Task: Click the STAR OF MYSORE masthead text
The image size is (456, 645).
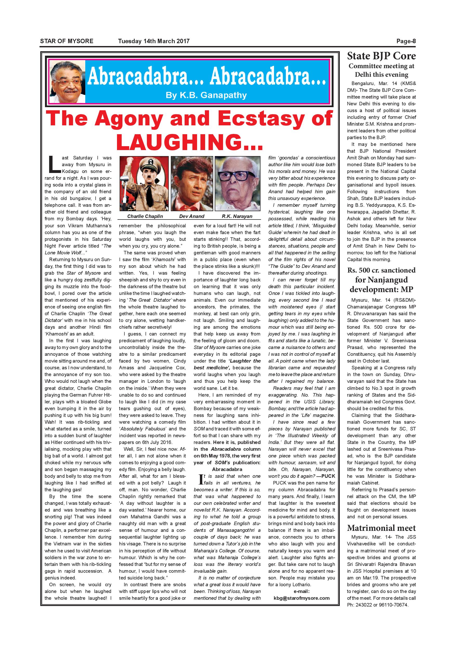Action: coord(67,41)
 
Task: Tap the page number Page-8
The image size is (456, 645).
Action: coord(406,41)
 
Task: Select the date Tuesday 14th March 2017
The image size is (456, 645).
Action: coord(154,41)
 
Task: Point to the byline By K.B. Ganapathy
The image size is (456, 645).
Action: coord(206,95)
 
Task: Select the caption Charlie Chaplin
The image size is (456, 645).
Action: coord(145,216)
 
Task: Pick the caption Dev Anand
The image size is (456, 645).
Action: coord(192,216)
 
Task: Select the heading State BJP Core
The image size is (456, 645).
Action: coord(381,56)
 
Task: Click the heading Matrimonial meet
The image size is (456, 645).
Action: coord(381,528)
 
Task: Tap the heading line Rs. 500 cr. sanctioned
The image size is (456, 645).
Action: coord(381,270)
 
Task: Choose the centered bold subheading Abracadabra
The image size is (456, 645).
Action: coord(227,469)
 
